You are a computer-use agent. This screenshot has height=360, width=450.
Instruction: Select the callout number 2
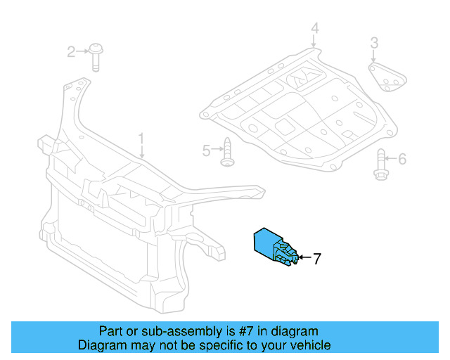click(71, 51)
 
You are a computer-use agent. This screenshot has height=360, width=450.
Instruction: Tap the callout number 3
click(375, 44)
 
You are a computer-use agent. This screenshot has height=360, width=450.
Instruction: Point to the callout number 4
click(315, 29)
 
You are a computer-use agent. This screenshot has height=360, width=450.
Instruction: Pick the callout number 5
click(207, 150)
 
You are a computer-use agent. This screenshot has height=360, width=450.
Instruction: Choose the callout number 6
click(402, 160)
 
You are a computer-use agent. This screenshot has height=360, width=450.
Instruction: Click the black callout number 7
click(316, 259)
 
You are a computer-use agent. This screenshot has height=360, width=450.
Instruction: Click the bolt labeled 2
click(96, 58)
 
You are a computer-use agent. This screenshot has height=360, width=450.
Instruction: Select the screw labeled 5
click(227, 153)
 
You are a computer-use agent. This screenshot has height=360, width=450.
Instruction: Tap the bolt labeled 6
click(382, 164)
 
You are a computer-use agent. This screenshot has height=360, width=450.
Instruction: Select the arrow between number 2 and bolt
click(82, 51)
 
